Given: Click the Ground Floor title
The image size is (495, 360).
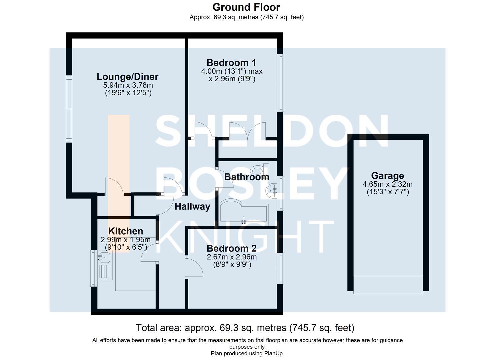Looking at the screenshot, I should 246,7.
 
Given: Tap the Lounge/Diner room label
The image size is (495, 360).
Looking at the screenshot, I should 127,77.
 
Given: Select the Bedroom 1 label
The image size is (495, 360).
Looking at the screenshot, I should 231,63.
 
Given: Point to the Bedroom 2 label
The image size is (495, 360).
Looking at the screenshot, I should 231,248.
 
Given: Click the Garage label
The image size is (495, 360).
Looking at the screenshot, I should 387,176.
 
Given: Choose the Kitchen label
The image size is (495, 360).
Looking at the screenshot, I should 126,231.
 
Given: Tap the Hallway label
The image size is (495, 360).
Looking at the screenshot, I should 192,207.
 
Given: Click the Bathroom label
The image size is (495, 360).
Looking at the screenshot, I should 246,177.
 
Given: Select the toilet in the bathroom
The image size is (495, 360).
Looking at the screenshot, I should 260,170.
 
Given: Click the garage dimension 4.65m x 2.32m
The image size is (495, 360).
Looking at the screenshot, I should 387,184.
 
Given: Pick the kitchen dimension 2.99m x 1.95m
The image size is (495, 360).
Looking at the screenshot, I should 126,240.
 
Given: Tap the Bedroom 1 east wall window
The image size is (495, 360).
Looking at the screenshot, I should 281,82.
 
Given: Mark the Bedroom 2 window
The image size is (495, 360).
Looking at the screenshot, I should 281,268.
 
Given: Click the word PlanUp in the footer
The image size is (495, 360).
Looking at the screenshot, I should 274,353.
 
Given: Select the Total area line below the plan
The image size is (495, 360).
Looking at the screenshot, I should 245,328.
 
